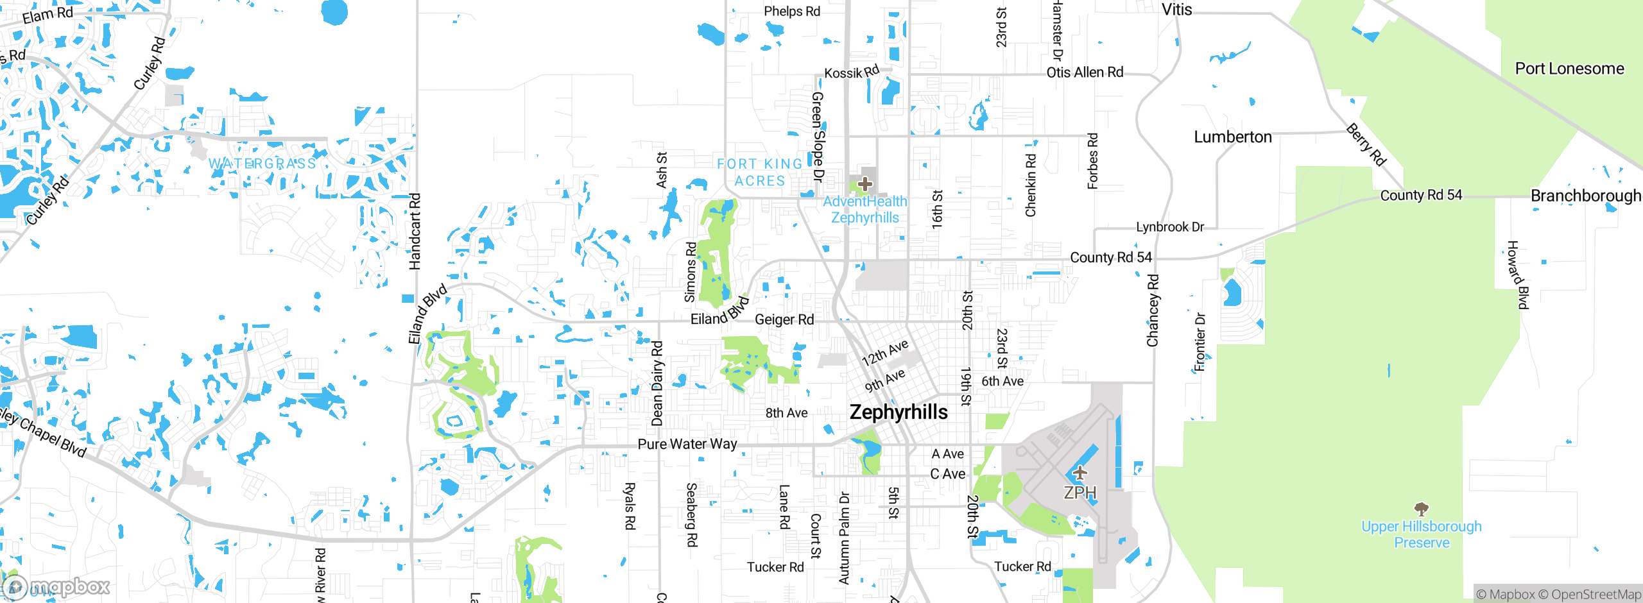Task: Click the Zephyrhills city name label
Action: [899, 412]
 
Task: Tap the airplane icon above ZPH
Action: [1080, 473]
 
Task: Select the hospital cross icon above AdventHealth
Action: [865, 184]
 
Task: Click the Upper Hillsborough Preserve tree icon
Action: [1422, 509]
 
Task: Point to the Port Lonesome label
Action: [1569, 69]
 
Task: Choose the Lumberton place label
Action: [1232, 137]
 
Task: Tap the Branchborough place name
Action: [1585, 196]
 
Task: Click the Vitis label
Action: [1176, 10]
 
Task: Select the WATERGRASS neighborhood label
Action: [262, 164]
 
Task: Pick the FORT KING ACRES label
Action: [760, 173]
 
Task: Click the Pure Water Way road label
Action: [687, 444]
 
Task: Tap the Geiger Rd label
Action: [784, 319]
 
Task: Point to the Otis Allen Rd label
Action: [1085, 72]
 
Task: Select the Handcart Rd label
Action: [415, 231]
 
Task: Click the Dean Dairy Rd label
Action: [657, 384]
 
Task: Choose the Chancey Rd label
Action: [1153, 310]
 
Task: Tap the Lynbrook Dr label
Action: [1169, 227]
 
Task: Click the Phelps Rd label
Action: [791, 12]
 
